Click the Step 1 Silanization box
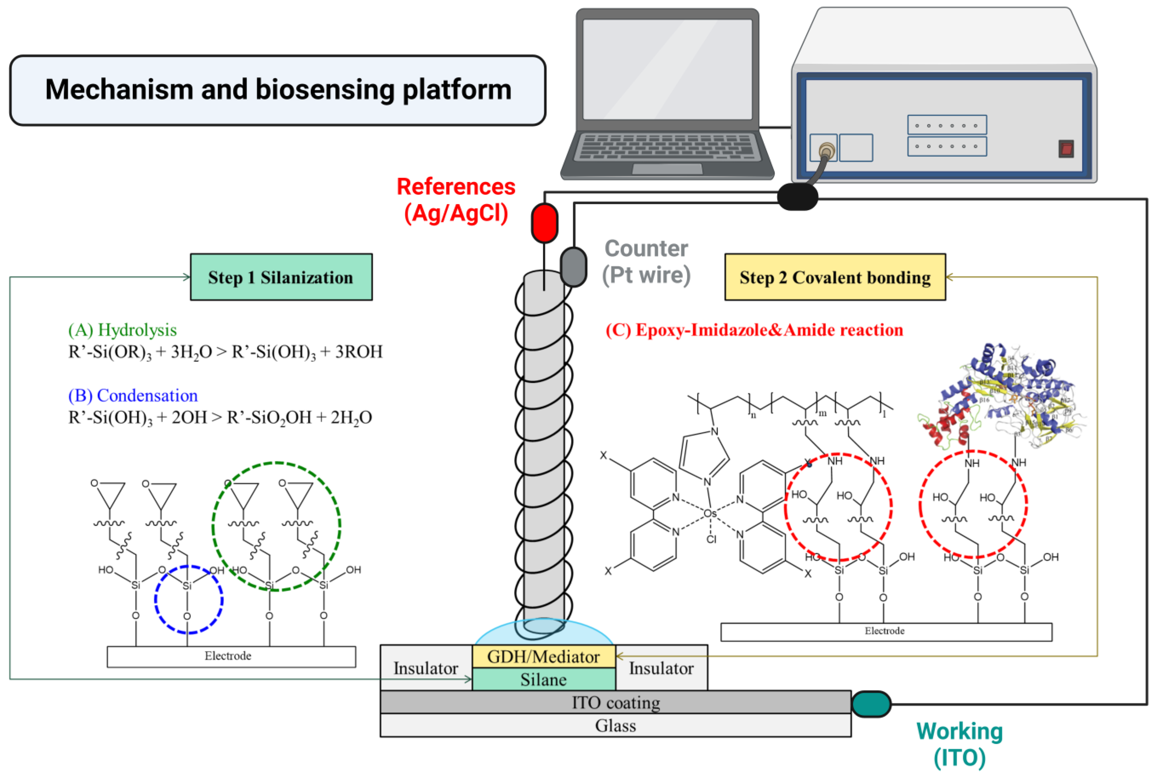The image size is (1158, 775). [281, 277]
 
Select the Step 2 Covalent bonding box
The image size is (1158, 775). [835, 277]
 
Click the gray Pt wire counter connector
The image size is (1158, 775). [573, 267]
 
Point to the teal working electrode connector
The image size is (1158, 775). [871, 704]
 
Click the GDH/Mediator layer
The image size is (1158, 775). [544, 657]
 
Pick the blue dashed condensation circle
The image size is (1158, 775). [188, 599]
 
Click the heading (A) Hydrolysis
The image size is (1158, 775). [122, 330]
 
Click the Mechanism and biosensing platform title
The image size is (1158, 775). [278, 90]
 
